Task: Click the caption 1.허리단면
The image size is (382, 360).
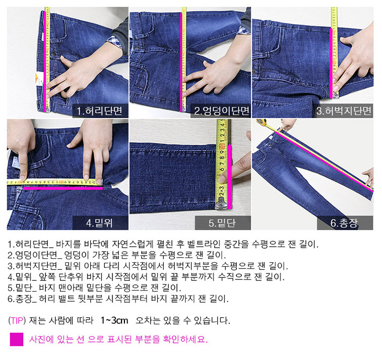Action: tap(99, 111)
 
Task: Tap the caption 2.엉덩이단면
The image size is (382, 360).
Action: tap(222, 111)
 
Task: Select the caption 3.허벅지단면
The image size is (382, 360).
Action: tap(344, 111)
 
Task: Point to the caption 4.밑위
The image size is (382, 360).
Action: tap(99, 223)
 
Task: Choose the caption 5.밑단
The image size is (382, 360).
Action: tap(222, 223)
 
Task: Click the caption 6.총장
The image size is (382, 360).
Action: tap(344, 223)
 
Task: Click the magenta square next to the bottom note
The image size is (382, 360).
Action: tap(17, 339)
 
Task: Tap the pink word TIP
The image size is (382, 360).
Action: tap(17, 320)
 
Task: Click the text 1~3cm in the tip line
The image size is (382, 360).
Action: tap(114, 320)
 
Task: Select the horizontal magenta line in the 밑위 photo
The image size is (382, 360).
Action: tap(63, 188)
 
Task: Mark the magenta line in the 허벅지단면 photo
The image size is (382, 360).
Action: tap(331, 63)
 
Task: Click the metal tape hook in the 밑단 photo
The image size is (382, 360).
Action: tap(221, 203)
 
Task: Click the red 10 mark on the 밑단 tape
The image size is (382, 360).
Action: tap(222, 147)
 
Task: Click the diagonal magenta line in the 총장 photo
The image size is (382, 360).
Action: tap(324, 162)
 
